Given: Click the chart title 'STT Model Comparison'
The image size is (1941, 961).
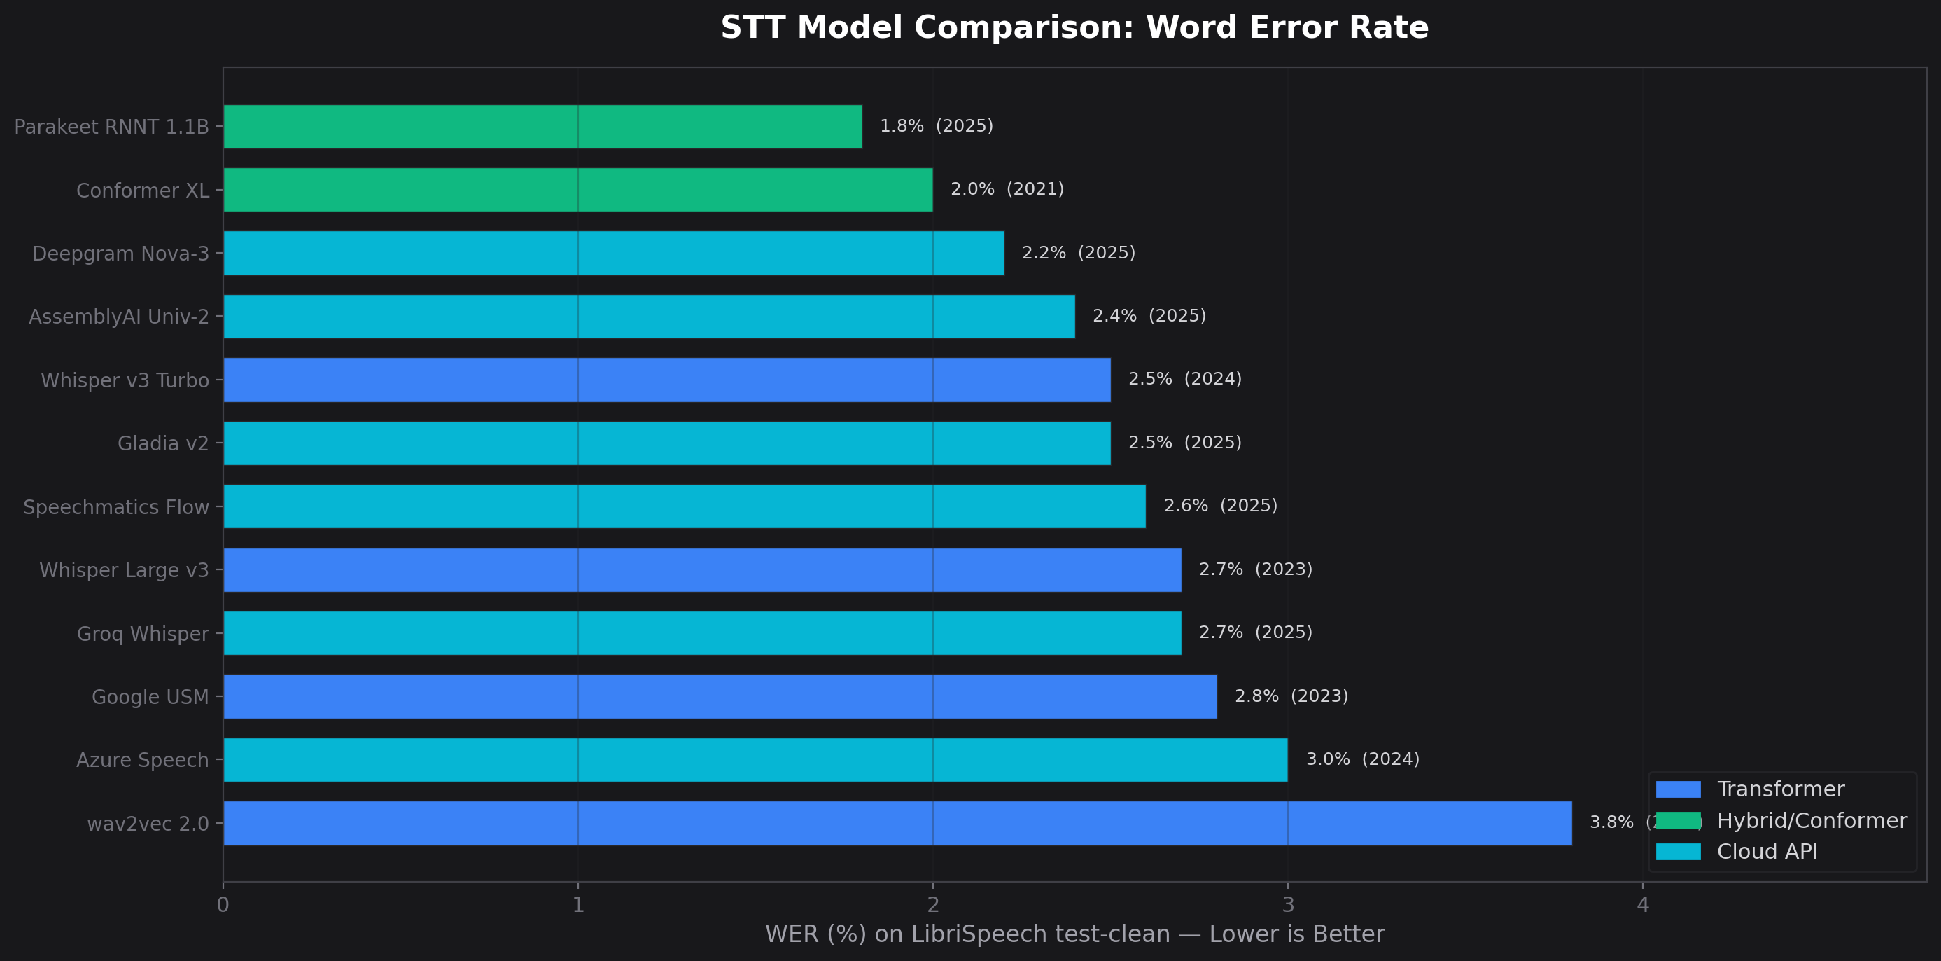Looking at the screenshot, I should (1074, 28).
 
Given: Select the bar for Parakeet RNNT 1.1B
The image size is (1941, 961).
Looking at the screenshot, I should (542, 127).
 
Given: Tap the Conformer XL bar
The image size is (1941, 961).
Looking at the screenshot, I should (578, 190).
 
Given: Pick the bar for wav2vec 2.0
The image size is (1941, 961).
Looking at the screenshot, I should (897, 823).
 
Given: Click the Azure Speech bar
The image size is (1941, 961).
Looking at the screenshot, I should (755, 760).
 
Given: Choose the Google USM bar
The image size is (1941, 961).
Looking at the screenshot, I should (720, 696).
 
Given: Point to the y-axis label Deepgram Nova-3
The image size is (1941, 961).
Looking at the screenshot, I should (120, 254).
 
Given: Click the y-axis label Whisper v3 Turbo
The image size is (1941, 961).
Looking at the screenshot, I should (125, 380).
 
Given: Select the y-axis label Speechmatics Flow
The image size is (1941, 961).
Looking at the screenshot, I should (116, 507).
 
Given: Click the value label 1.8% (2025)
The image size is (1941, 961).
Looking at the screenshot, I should (936, 126).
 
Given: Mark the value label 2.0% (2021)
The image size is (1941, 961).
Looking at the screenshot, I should (1007, 189).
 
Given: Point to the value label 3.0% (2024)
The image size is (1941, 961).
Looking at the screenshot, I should (1361, 759).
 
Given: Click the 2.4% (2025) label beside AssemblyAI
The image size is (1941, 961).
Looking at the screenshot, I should (1149, 316).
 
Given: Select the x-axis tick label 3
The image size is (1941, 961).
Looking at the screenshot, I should (1288, 904).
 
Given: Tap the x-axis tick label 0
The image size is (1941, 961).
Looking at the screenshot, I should (223, 904).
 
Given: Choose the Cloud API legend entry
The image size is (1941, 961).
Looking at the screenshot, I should (1766, 852).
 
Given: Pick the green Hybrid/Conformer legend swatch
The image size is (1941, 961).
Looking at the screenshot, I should (1678, 821).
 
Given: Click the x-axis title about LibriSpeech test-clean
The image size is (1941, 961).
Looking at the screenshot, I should (1074, 934).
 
